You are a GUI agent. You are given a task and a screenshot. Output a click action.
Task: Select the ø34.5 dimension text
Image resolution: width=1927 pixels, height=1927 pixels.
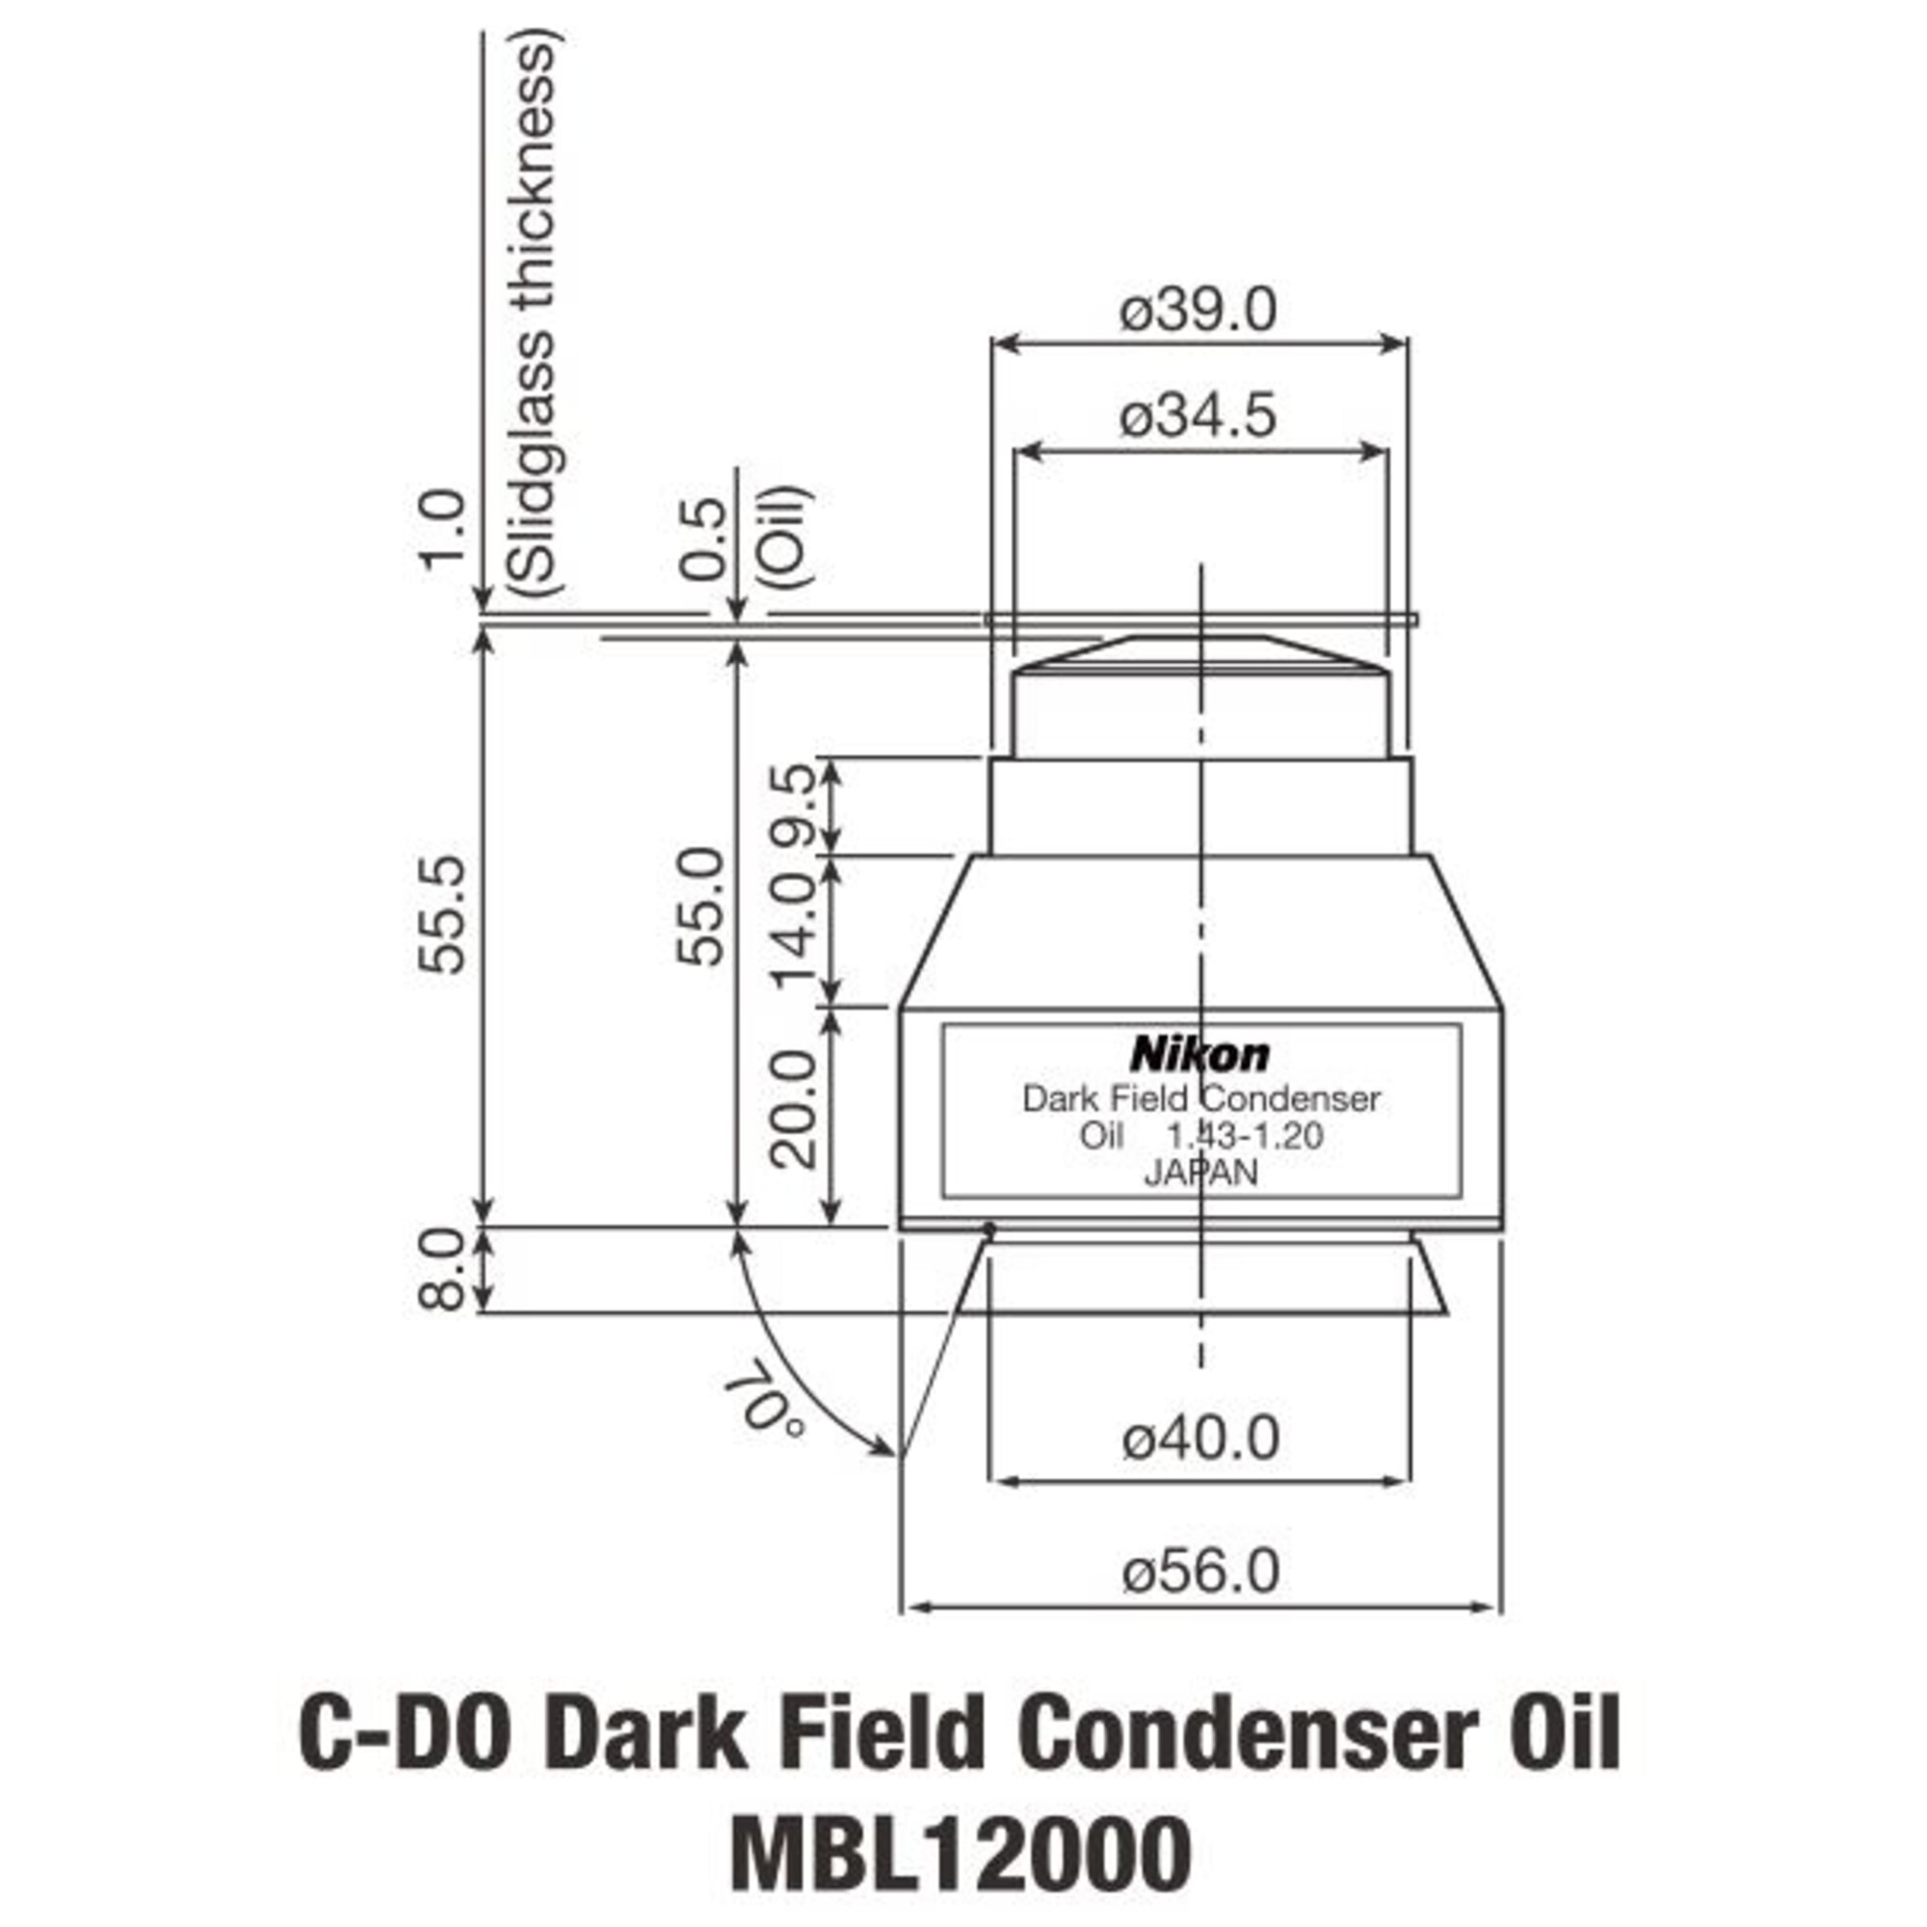coord(1198,416)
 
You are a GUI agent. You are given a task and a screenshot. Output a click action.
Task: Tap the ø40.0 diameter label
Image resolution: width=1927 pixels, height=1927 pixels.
coord(1200,1440)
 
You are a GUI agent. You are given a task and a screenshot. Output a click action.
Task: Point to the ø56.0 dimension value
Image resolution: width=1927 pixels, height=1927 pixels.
coord(1200,1573)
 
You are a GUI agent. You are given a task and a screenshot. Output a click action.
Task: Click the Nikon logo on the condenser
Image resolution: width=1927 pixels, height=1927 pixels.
coord(1200,1054)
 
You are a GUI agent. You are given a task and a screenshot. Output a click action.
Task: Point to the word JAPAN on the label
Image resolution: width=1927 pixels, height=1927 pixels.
coord(1201,1173)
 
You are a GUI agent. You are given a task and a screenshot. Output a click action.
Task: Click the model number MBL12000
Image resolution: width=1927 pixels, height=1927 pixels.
coord(962,1851)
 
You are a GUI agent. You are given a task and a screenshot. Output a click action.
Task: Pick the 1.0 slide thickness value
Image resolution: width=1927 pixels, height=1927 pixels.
coord(442,529)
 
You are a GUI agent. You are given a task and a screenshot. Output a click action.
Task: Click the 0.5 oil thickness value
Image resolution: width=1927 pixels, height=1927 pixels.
coord(702,539)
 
